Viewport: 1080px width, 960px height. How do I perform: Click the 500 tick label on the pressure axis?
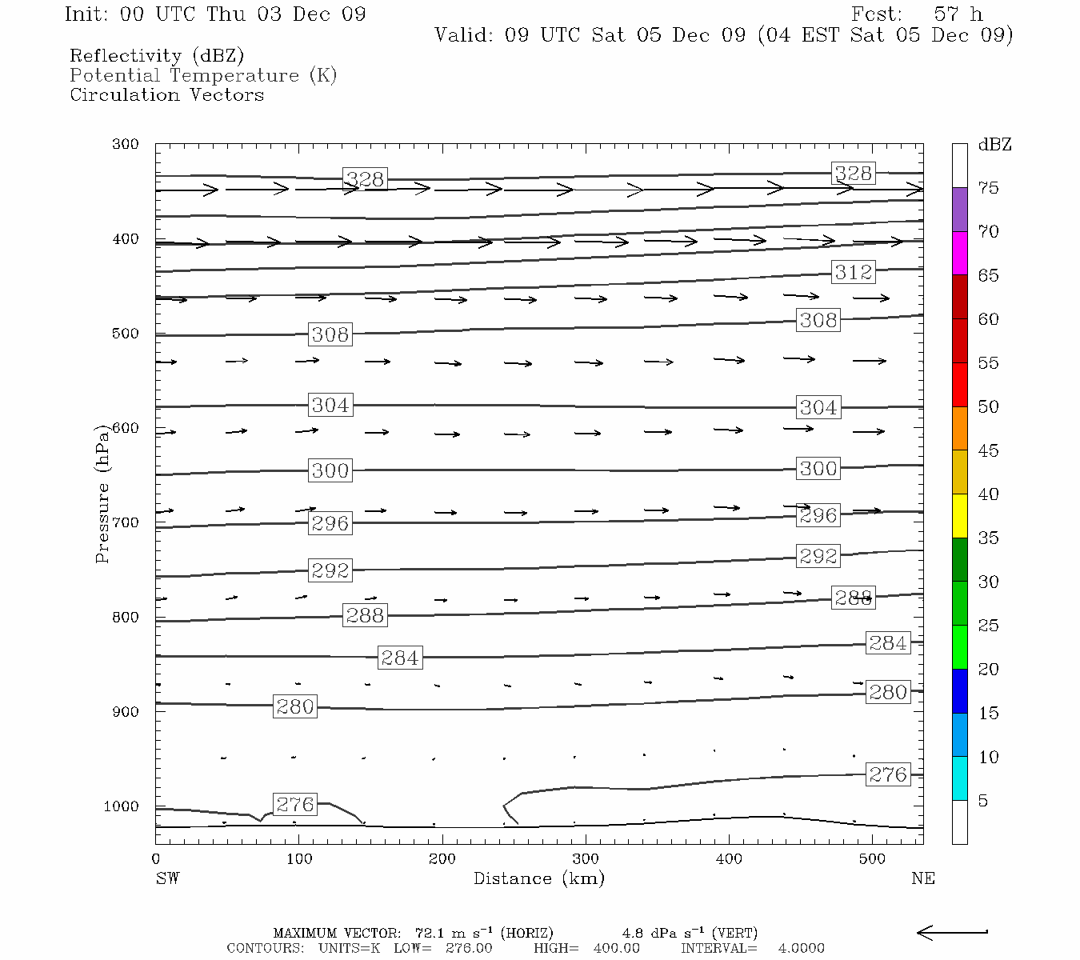point(125,334)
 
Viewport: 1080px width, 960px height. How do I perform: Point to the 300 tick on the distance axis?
point(585,859)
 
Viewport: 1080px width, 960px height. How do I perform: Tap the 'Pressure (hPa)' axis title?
point(102,494)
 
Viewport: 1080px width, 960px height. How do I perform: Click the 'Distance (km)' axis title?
point(538,878)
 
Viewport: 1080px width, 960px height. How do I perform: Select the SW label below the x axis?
point(167,878)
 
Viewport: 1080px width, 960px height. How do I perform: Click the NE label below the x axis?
point(922,878)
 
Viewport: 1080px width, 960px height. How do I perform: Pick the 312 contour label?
point(853,272)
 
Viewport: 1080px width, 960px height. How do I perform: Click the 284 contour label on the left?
point(399,658)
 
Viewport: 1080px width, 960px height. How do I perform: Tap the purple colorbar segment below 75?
point(959,210)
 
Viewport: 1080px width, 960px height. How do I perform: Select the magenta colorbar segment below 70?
point(959,253)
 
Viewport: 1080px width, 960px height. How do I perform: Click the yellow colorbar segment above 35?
point(959,516)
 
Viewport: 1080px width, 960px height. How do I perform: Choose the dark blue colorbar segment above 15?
point(959,691)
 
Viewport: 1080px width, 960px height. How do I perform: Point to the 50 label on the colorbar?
point(988,406)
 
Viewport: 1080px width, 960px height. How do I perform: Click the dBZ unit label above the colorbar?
point(994,145)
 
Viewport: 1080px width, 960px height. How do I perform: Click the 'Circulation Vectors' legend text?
point(166,94)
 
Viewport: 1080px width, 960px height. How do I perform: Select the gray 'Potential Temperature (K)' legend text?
point(203,75)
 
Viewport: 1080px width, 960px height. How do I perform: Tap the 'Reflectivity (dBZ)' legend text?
point(157,55)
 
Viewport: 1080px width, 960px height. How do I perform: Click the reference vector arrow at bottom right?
point(952,932)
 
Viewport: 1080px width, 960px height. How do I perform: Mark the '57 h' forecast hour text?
point(958,14)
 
